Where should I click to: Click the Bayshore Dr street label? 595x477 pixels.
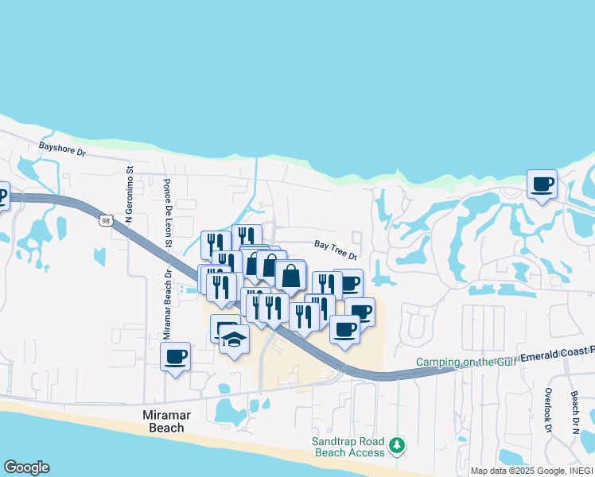[62, 147]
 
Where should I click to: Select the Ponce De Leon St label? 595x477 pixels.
[169, 210]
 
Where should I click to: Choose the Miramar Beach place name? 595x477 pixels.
[162, 421]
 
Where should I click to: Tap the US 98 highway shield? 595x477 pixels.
[106, 220]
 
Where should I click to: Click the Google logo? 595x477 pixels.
[26, 467]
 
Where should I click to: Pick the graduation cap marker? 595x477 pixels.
[234, 340]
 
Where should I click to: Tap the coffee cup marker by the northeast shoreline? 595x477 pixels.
[542, 184]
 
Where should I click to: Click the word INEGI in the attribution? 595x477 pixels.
[580, 471]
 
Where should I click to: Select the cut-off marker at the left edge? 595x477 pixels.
[3, 194]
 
